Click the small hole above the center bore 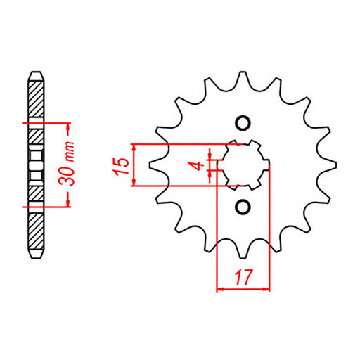(x=243, y=123)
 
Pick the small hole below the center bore (x=243, y=207)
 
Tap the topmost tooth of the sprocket (x=243, y=76)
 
